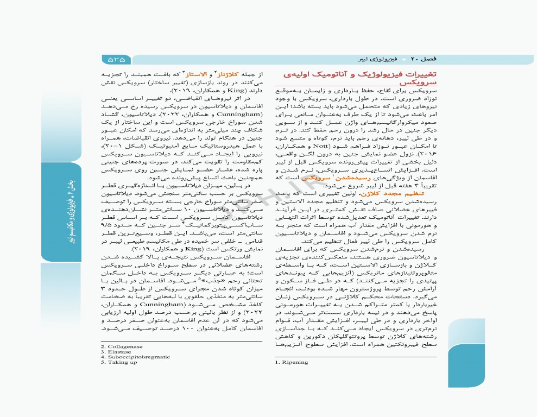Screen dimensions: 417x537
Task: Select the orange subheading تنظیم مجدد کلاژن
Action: coord(414,193)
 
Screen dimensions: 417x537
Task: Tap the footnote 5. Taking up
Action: coord(119,362)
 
